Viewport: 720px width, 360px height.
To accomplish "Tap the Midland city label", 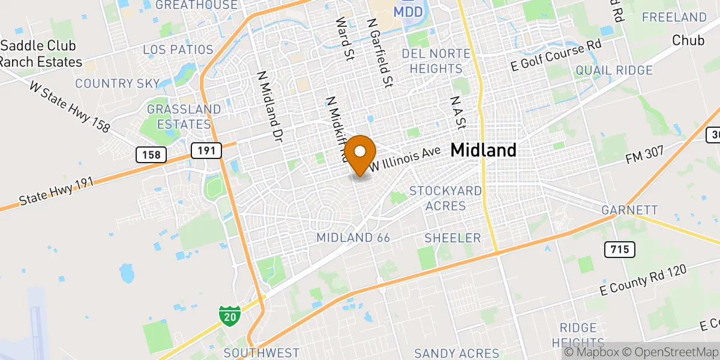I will pyautogui.click(x=483, y=150).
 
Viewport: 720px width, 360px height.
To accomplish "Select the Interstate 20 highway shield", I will pyautogui.click(x=229, y=314).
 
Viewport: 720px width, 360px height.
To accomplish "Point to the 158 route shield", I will pyautogui.click(x=151, y=155).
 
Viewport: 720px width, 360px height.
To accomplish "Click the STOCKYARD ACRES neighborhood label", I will pyautogui.click(x=445, y=198).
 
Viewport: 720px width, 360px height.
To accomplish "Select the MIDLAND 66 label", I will pyautogui.click(x=353, y=238).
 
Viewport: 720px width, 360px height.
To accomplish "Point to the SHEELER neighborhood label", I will pyautogui.click(x=452, y=238).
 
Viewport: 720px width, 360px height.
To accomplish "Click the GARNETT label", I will pyautogui.click(x=630, y=210).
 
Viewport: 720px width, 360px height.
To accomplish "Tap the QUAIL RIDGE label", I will pyautogui.click(x=614, y=71).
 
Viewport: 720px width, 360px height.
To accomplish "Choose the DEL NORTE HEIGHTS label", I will pyautogui.click(x=436, y=61).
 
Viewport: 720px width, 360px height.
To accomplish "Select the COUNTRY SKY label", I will pyautogui.click(x=118, y=83).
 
